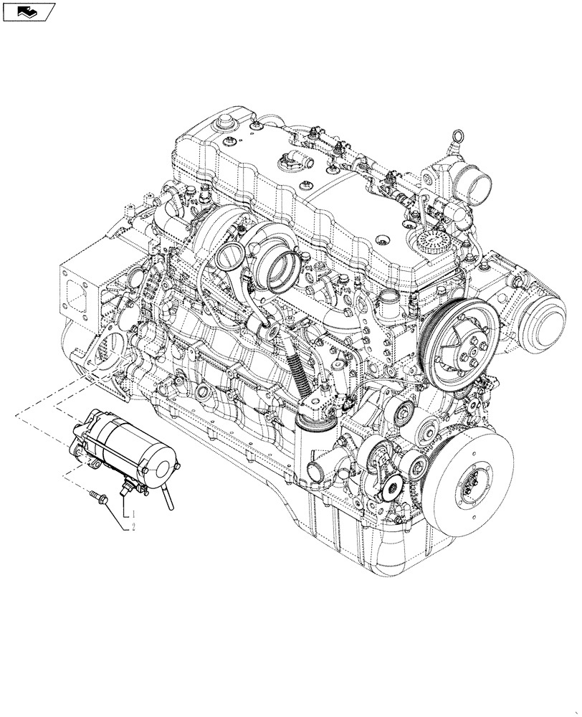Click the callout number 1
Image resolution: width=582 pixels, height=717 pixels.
pos(131,514)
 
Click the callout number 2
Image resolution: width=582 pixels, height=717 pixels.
pos(131,528)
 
